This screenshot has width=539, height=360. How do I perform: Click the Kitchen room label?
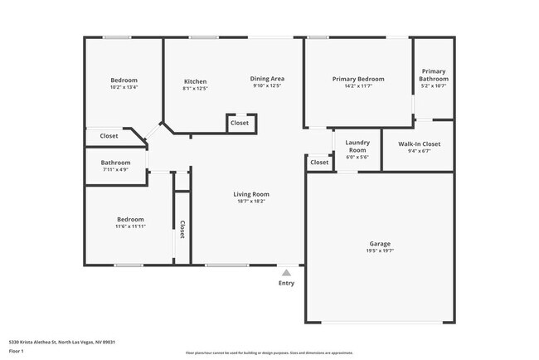tap(195, 81)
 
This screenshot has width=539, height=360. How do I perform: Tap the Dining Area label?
tap(267, 79)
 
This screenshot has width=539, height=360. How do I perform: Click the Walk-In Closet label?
tap(419, 144)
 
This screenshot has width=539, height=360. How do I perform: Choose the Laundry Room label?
tap(357, 145)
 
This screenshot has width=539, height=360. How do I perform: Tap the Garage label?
tap(381, 244)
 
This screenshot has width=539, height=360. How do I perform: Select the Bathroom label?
tap(115, 163)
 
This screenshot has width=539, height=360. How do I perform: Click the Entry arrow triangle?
tap(286, 271)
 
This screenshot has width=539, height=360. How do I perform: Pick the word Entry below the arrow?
tap(286, 284)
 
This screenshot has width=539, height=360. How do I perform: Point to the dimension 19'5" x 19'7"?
tap(381, 251)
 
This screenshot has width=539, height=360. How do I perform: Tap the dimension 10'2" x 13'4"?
tap(124, 87)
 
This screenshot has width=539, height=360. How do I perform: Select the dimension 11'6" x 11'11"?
tap(129, 226)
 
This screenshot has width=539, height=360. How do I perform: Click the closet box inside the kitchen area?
tap(240, 123)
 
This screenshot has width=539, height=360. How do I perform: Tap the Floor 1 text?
tap(17, 351)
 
